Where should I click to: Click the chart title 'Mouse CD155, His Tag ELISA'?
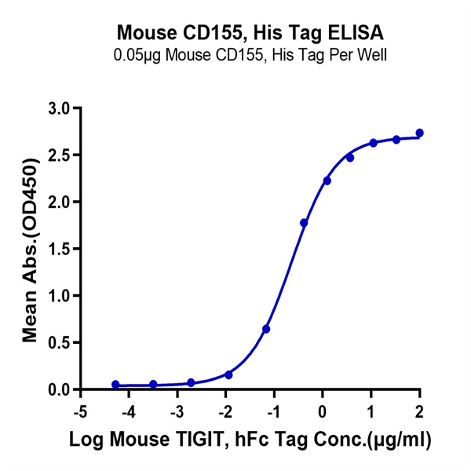click(x=250, y=34)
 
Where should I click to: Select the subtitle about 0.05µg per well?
click(x=250, y=56)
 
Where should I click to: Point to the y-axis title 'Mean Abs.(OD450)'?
click(x=31, y=249)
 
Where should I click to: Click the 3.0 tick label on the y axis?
click(x=60, y=108)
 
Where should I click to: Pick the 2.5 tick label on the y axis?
click(x=60, y=155)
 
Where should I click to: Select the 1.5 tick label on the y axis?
click(x=60, y=249)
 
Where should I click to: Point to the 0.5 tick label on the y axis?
click(x=60, y=343)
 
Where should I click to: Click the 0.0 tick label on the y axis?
click(x=60, y=390)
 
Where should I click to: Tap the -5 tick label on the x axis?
click(x=78, y=411)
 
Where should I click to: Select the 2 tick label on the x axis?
click(x=419, y=411)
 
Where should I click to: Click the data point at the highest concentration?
click(x=419, y=133)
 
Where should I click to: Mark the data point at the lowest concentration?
click(x=116, y=385)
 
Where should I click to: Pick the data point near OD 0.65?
click(x=266, y=329)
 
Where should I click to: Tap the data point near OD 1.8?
click(x=304, y=223)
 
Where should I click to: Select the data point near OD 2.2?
click(x=327, y=181)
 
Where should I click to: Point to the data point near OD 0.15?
click(x=228, y=375)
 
